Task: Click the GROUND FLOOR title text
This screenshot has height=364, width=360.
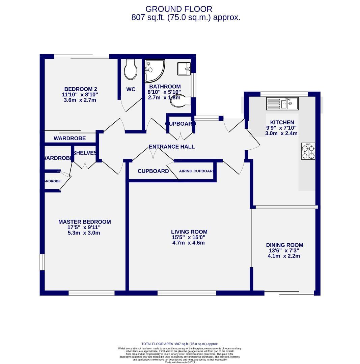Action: [x=179, y=9]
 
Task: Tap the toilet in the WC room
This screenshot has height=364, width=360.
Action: [x=130, y=70]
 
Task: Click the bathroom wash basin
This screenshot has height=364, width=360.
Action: [x=184, y=69]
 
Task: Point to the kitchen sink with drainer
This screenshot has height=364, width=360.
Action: [x=282, y=103]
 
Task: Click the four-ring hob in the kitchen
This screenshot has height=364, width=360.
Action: [x=308, y=151]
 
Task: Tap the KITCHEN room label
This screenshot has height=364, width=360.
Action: [x=282, y=122]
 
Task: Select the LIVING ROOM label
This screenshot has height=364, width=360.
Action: [x=189, y=232]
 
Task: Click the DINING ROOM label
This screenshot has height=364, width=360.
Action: [x=284, y=245]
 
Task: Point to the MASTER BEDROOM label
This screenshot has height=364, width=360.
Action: [x=84, y=222]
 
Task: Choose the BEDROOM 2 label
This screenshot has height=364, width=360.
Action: [x=76, y=89]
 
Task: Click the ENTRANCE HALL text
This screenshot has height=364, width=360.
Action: [x=172, y=147]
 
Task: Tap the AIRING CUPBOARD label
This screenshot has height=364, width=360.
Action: [x=196, y=171]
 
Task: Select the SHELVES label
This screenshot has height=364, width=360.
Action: [x=85, y=153]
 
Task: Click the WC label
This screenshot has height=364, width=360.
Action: [x=131, y=89]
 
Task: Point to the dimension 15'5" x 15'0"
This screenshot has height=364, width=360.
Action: [x=189, y=237]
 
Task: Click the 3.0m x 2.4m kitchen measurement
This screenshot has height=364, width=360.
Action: [x=281, y=133]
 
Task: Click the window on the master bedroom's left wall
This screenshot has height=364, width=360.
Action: [x=42, y=262]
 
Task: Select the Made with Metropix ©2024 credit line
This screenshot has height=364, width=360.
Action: [x=180, y=362]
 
